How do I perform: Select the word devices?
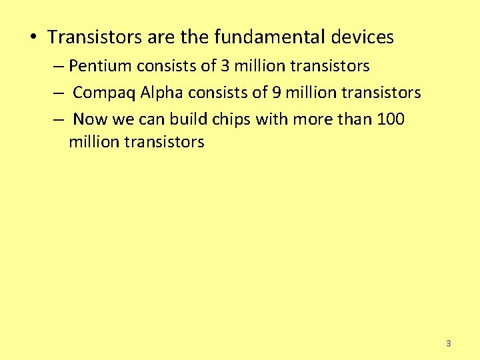(x=362, y=37)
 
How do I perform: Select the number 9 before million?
(x=276, y=93)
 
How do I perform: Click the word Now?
(x=89, y=119)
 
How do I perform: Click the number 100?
(x=390, y=119)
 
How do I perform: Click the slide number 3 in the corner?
(x=448, y=343)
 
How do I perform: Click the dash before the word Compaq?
(x=59, y=93)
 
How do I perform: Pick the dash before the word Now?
(x=59, y=119)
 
